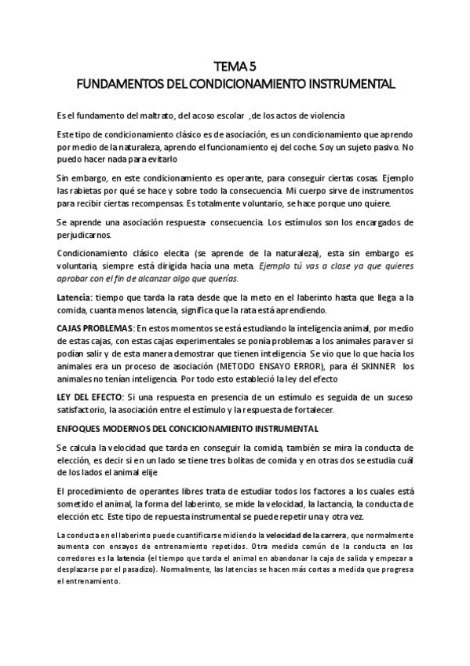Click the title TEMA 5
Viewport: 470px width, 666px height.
point(235,68)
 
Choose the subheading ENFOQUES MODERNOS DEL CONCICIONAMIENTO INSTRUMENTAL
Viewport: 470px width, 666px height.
point(188,429)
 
